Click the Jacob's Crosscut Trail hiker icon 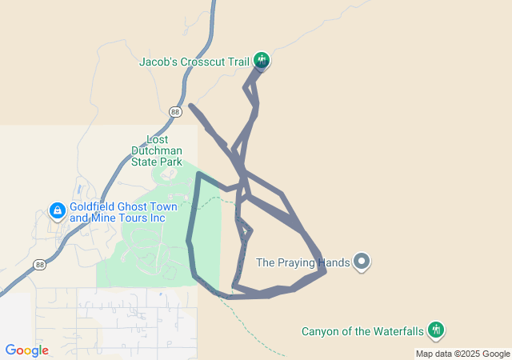coord(261,60)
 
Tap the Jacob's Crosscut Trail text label coord(194,61)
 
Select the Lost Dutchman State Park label coord(158,150)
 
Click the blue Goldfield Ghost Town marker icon coord(57,211)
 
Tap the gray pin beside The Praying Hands coord(362,262)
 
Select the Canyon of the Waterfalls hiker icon coord(436,330)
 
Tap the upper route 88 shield coord(175,112)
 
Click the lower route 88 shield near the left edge coord(39,264)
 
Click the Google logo coord(26,350)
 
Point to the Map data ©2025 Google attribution coord(462,354)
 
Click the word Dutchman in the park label coord(158,150)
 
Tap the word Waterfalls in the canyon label coord(396,331)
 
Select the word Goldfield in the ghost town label coord(94,206)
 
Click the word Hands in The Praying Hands coord(334,262)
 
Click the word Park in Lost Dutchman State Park coord(170,162)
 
